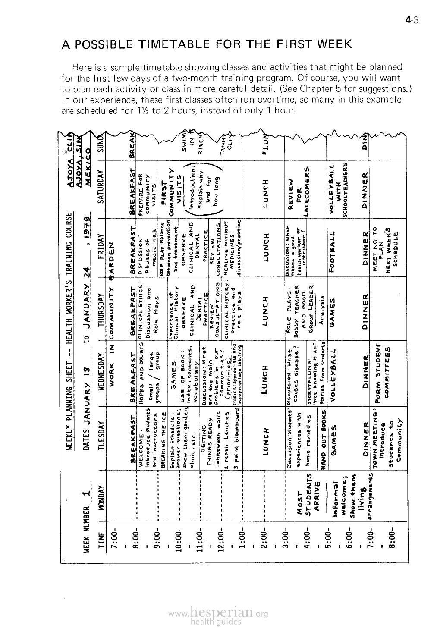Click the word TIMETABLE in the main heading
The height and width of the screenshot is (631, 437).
[x=180, y=44]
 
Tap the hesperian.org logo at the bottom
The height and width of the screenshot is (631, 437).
[x=218, y=613]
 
